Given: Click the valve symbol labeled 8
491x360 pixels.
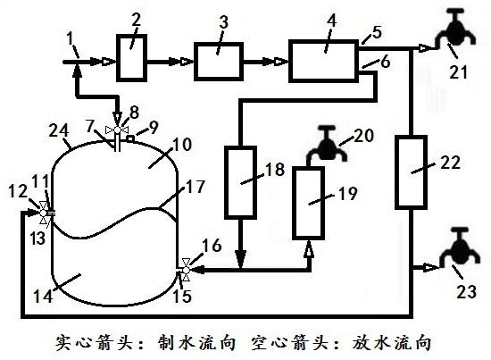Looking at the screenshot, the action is pyautogui.click(x=117, y=130).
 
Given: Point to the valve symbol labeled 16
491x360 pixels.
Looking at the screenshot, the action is pyautogui.click(x=186, y=270).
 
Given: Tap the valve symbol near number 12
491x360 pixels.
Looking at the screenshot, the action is pyautogui.click(x=44, y=213).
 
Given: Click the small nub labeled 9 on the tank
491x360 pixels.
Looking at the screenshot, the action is pyautogui.click(x=130, y=138).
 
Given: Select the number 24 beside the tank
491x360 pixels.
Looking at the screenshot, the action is pyautogui.click(x=59, y=130).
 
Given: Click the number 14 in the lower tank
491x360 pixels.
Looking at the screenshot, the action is pyautogui.click(x=43, y=296).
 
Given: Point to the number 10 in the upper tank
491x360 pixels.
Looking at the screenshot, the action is pyautogui.click(x=181, y=145).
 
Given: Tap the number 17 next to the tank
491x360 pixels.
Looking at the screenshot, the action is pyautogui.click(x=196, y=187).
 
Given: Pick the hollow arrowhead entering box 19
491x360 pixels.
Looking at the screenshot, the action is pyautogui.click(x=310, y=248).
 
